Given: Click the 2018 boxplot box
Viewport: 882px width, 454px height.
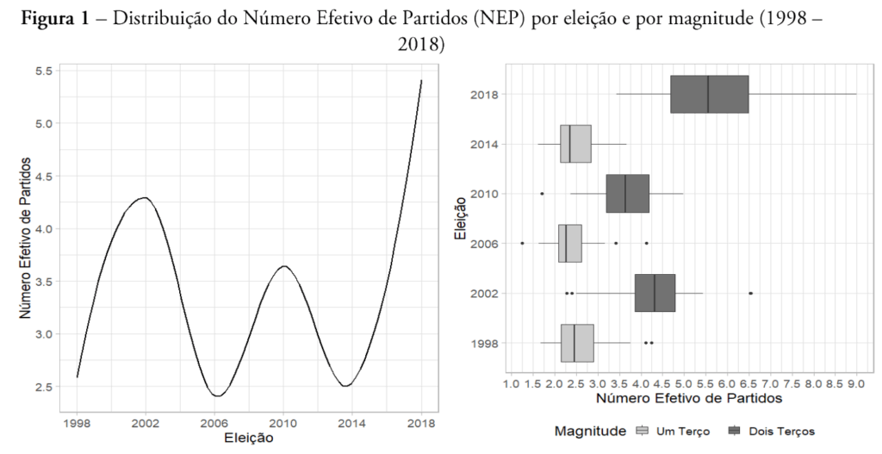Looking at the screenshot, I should pyautogui.click(x=710, y=94).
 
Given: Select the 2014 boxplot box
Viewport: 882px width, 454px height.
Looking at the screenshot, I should pyautogui.click(x=575, y=144).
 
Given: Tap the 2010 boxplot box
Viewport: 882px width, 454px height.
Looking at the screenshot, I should pyautogui.click(x=627, y=193).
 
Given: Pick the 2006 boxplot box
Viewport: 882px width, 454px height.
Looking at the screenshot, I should pyautogui.click(x=570, y=243).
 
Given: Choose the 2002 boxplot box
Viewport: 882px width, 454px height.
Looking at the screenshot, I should pyautogui.click(x=655, y=293).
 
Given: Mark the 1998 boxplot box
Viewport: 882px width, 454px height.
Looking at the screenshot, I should pyautogui.click(x=577, y=342).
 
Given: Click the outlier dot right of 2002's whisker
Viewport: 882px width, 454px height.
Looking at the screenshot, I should pyautogui.click(x=751, y=293).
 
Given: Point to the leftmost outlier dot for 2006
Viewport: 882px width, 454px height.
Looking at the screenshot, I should pyautogui.click(x=522, y=243).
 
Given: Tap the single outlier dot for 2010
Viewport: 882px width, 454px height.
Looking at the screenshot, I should pyautogui.click(x=542, y=193).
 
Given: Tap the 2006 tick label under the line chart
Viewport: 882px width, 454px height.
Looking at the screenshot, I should pyautogui.click(x=215, y=423).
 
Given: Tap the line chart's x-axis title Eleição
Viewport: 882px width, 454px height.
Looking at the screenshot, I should pyautogui.click(x=249, y=438).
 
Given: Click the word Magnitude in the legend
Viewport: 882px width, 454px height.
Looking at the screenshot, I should pyautogui.click(x=590, y=430).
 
